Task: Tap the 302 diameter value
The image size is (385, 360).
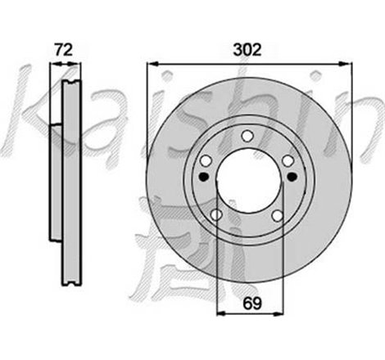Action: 247,49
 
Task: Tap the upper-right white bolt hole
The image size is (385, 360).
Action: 288,160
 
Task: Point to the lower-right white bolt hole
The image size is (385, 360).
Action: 278,215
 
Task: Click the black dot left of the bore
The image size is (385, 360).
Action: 204,177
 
